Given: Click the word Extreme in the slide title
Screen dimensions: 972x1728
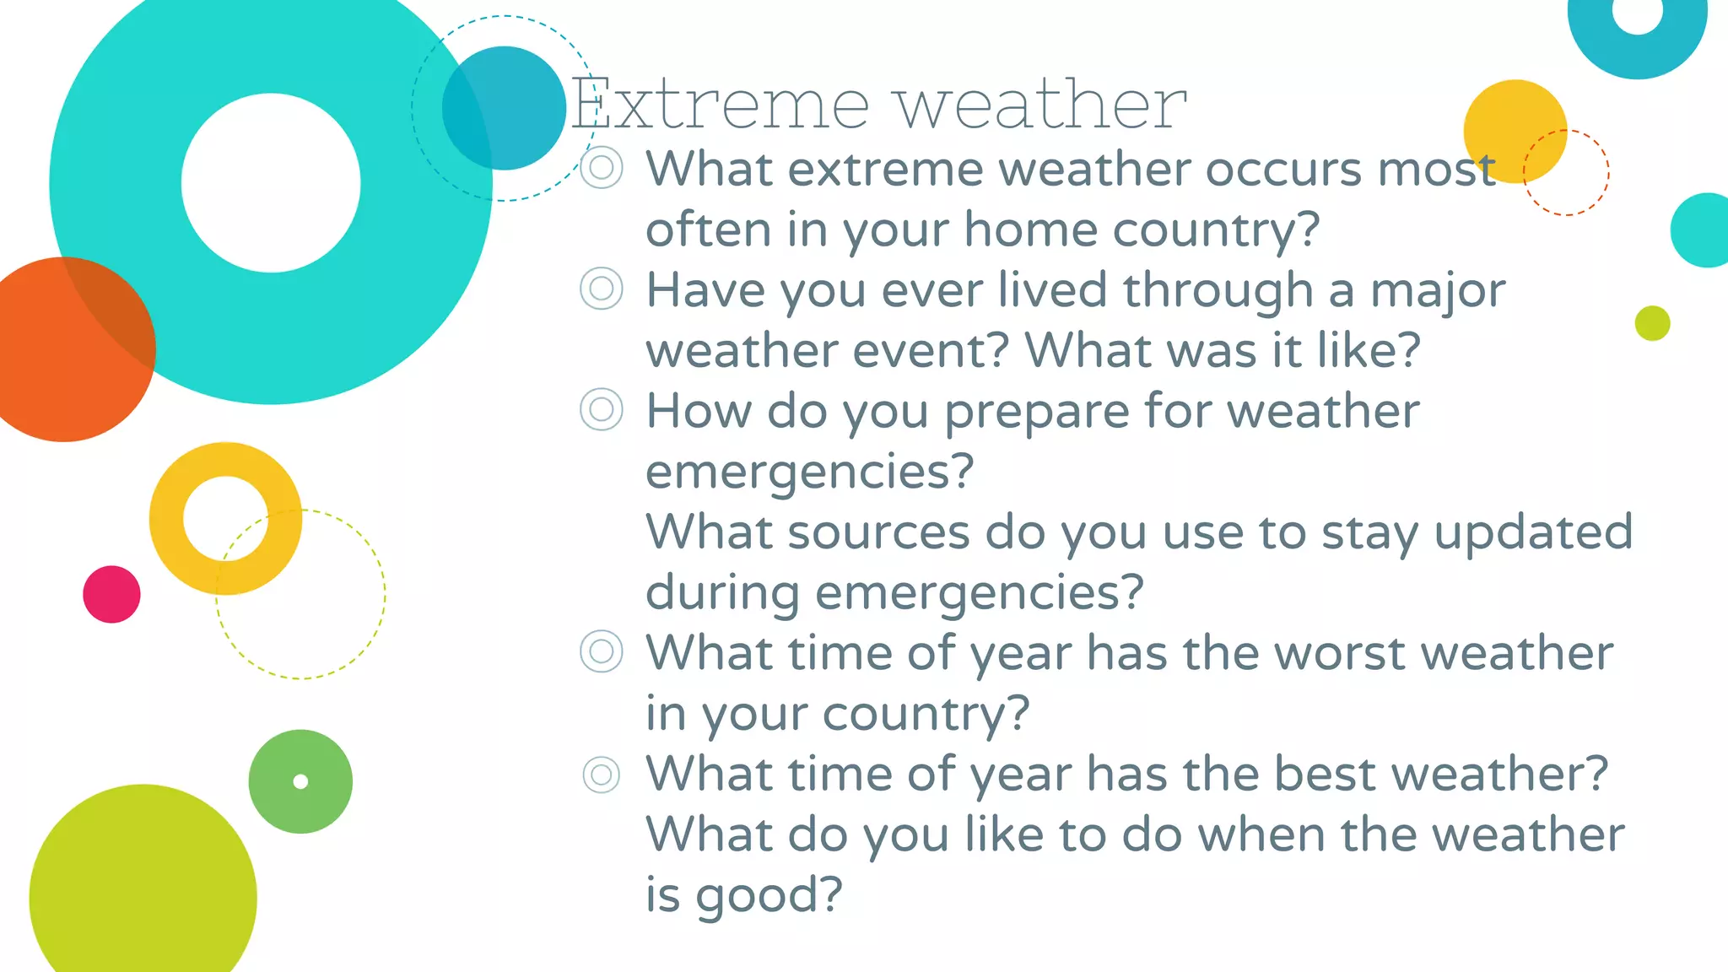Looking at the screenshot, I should coord(720,104).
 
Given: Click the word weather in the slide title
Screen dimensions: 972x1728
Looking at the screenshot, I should coord(1040,104).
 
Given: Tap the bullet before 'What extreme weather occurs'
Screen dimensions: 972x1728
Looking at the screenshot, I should coord(602,168).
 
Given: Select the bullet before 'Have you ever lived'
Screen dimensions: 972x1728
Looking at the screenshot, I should coord(602,289).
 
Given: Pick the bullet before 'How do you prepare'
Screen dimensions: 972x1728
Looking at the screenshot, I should coord(602,410).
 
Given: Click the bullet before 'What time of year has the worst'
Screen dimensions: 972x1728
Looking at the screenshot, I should coord(602,651).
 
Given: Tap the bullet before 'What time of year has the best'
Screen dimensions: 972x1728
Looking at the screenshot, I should coord(602,774).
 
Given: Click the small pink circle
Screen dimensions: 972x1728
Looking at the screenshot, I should coord(111,595).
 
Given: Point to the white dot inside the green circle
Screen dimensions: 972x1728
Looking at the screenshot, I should coord(300,781).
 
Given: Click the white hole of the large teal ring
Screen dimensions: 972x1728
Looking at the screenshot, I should coord(271,183).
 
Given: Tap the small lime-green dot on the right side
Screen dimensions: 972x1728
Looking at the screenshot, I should coord(1652,323).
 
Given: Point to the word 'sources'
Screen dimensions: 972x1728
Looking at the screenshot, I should coord(878,532).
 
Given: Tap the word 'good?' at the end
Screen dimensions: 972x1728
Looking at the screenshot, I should coord(769,896).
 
